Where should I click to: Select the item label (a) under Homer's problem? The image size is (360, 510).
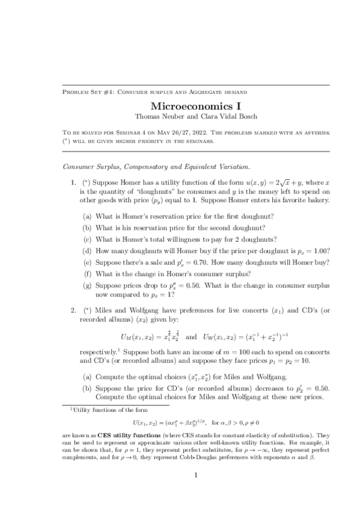click(87, 216)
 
